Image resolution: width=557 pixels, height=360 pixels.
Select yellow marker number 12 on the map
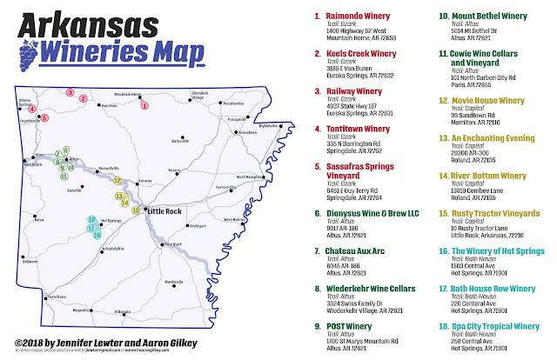pyautogui.click(x=117, y=180)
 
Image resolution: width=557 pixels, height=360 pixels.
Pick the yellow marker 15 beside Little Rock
pyautogui.click(x=135, y=210)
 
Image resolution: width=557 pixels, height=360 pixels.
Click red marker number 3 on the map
pyautogui.click(x=70, y=92)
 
